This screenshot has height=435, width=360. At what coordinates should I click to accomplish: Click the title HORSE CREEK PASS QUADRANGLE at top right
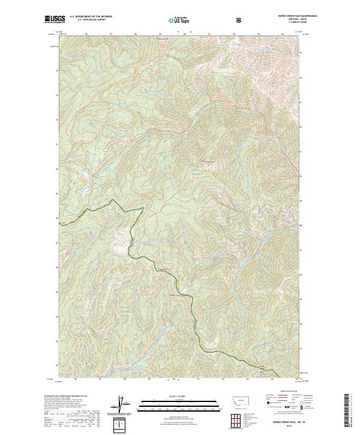coord(284,16)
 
